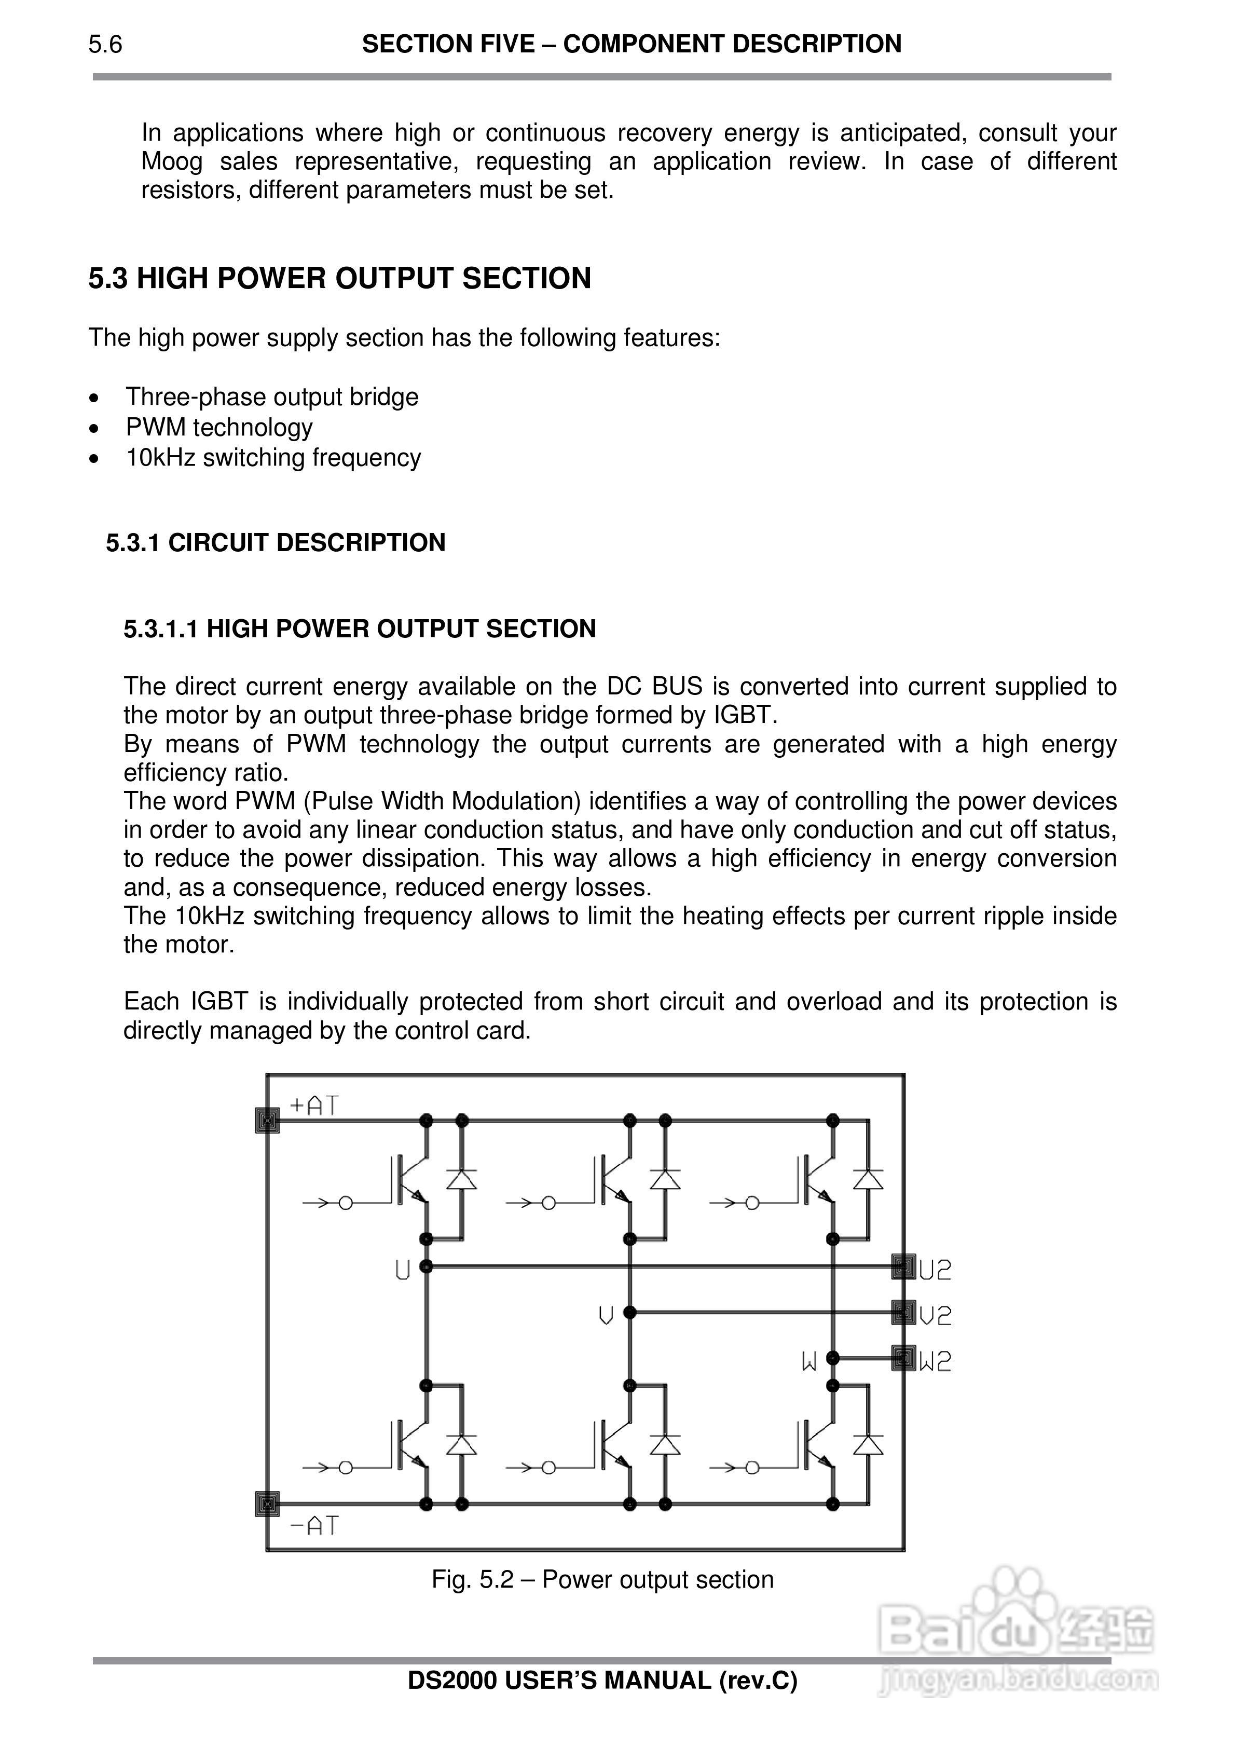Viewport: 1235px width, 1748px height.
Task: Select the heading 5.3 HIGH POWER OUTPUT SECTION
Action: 339,279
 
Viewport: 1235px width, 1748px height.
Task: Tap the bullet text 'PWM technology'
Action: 219,428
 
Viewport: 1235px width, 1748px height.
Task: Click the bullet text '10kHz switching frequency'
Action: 273,458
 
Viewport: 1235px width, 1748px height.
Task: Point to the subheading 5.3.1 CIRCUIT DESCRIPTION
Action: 276,543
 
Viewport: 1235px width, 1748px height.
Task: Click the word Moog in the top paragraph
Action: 172,162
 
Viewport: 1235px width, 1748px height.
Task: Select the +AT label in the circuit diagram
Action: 314,1106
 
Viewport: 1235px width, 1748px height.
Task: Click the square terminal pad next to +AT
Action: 267,1120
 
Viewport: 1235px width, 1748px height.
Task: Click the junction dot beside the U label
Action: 427,1267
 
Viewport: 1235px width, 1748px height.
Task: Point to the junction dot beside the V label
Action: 629,1313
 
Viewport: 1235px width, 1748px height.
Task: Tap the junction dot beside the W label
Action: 833,1357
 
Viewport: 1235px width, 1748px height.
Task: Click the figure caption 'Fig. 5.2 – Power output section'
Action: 602,1580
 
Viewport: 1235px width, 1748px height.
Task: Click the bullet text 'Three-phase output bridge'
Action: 272,398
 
